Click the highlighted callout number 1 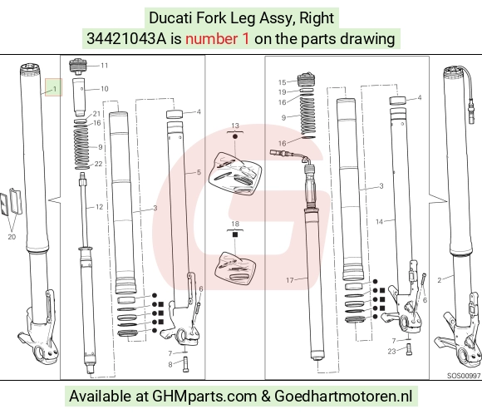55,89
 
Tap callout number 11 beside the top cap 105,66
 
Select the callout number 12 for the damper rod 99,207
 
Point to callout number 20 12,237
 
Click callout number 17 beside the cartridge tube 290,280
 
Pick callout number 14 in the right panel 379,221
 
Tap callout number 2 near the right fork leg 440,280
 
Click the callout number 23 391,352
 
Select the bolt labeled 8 185,364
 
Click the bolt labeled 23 409,349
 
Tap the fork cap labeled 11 79,67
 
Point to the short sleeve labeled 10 79,97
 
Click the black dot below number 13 235,136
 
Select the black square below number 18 235,234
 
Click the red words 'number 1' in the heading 217,39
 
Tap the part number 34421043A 126,39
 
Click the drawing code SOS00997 464,376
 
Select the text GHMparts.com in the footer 204,397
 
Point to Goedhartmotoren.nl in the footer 343,397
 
